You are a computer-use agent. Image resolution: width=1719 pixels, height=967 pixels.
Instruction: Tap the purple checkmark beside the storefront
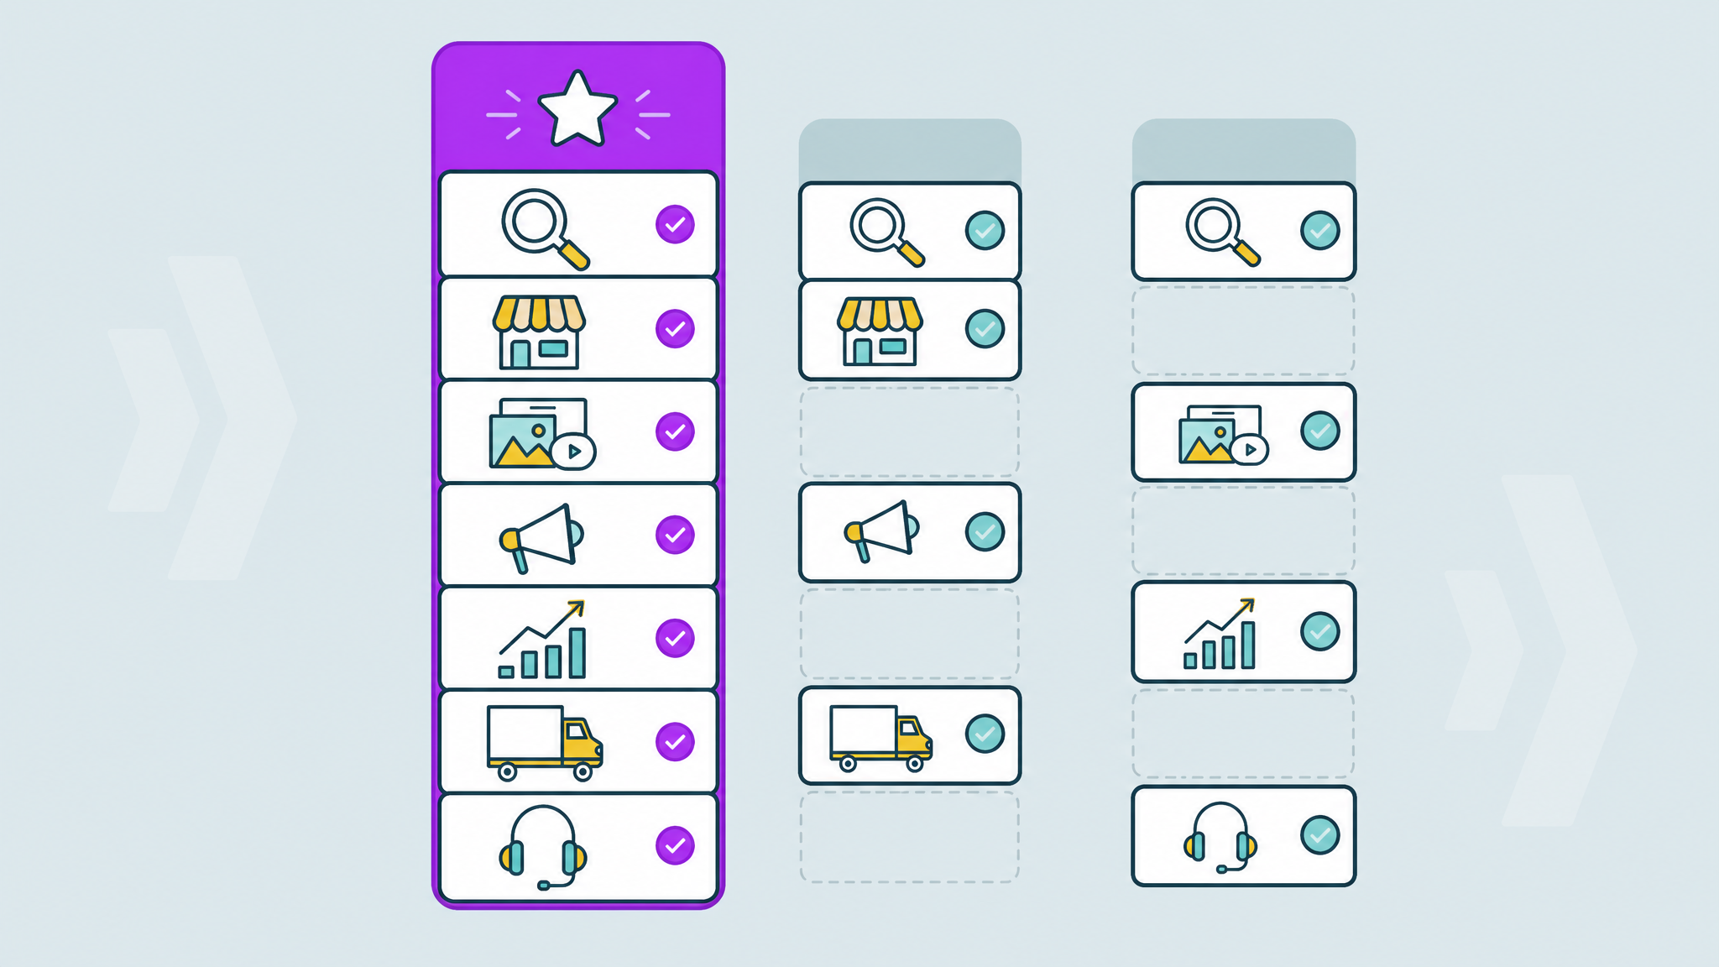click(675, 329)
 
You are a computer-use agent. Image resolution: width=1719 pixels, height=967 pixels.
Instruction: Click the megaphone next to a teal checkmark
click(881, 531)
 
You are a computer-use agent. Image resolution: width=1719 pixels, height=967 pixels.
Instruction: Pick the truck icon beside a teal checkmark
click(880, 737)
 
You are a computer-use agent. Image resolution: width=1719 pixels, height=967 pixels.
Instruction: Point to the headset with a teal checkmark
click(1220, 837)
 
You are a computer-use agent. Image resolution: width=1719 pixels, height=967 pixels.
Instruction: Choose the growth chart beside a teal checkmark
click(1220, 635)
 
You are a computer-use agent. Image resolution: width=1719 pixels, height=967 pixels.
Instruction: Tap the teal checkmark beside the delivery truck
click(985, 734)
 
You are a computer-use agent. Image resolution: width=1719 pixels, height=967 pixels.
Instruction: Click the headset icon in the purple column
click(542, 846)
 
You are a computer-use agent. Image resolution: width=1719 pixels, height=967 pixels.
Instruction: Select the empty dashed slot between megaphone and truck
click(910, 634)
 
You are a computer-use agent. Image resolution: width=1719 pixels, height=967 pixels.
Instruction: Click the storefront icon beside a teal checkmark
click(880, 331)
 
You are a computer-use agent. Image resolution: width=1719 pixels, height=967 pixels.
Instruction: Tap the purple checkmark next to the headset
click(675, 845)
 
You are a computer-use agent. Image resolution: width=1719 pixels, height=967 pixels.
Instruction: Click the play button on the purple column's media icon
click(574, 452)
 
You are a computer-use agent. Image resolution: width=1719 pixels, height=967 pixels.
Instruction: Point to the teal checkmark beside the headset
click(1319, 835)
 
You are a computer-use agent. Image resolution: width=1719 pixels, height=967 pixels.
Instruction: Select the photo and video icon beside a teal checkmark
click(1222, 435)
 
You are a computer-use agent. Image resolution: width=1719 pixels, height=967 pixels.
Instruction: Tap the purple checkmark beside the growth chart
click(675, 638)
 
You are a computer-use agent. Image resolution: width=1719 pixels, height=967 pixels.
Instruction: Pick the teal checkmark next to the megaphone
click(985, 531)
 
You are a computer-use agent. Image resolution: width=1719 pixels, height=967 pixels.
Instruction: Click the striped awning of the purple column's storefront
click(539, 313)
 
